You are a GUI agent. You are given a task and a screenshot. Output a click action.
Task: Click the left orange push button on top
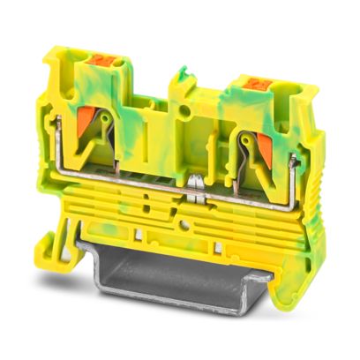[x=100, y=64]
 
